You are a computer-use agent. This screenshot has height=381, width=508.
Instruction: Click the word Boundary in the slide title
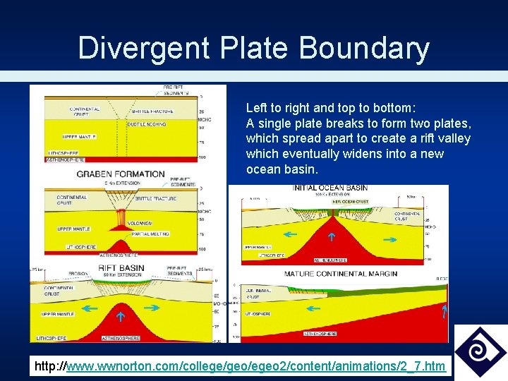point(364,49)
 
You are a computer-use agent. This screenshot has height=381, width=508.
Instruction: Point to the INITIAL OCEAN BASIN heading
point(330,188)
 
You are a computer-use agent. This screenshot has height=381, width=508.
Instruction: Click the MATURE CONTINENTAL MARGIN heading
point(340,274)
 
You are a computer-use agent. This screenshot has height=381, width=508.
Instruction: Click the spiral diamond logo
point(480,351)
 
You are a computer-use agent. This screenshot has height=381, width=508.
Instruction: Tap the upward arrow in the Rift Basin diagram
point(121,317)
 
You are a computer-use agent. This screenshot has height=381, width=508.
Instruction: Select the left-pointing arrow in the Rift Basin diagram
point(90,308)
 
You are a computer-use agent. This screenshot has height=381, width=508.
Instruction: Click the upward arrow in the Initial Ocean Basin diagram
point(332,237)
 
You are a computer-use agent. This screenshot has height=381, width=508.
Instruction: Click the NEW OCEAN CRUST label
point(350,202)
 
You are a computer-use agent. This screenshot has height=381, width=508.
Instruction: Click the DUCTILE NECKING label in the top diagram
point(147,124)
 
